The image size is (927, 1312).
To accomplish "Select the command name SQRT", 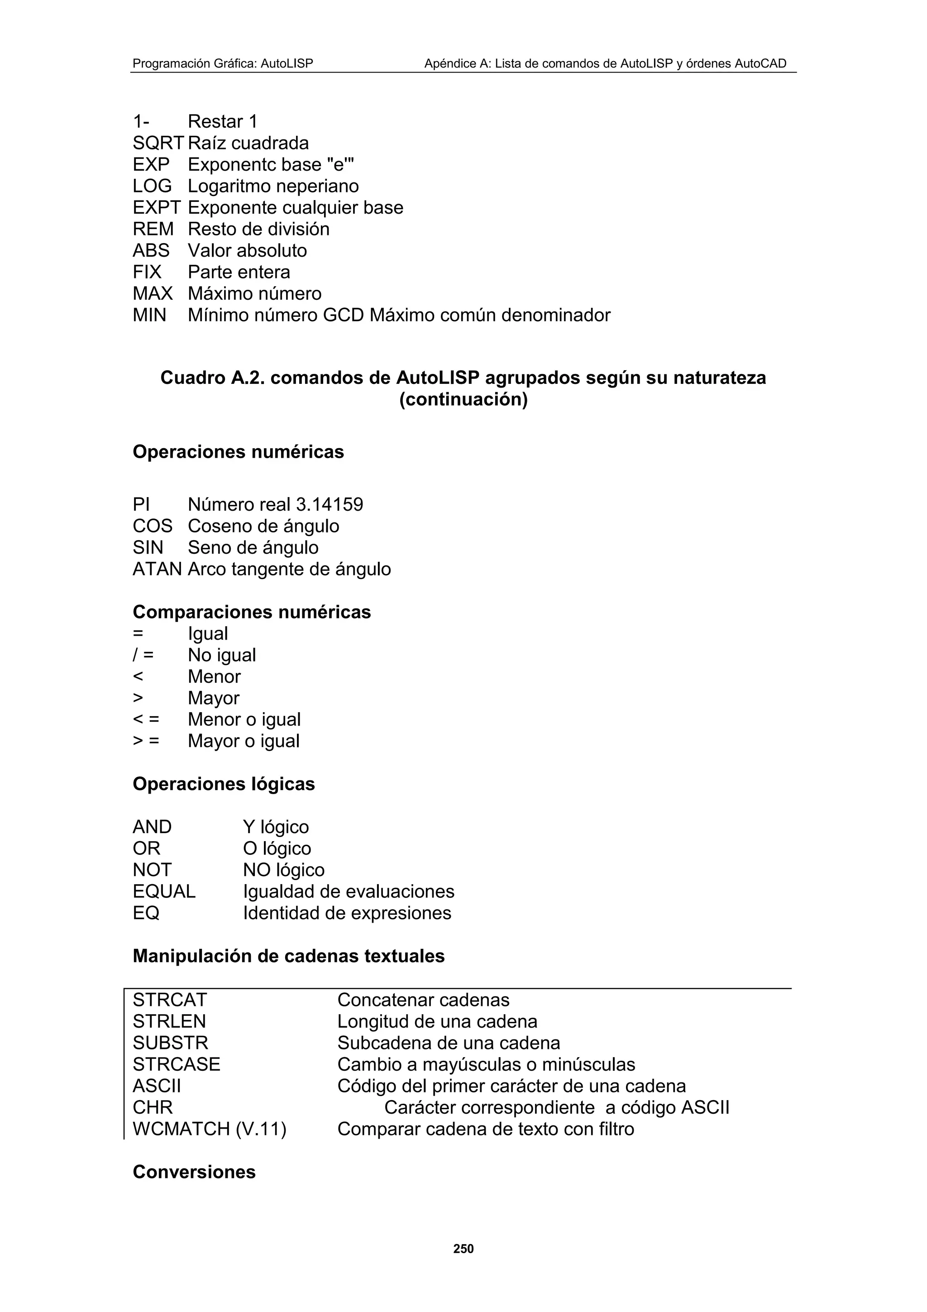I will [x=158, y=144].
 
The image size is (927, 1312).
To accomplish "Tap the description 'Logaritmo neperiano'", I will [x=273, y=186].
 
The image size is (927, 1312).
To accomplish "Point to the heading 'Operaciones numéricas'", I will [x=238, y=452].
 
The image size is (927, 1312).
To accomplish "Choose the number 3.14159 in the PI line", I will [x=329, y=505].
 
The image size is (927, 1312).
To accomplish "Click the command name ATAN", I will [x=157, y=569].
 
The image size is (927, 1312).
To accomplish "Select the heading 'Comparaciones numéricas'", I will [x=251, y=613].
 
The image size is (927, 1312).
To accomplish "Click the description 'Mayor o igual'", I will [x=244, y=741].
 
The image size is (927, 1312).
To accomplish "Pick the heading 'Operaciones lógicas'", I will [x=223, y=784].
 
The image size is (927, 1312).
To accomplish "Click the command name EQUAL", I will [x=164, y=891].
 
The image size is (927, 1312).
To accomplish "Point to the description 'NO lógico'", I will [x=283, y=870].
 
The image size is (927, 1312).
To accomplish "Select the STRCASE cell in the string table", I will [x=176, y=1064].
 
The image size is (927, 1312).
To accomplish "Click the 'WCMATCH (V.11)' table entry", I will [x=209, y=1129].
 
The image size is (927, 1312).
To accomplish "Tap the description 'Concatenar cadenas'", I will [x=423, y=1000].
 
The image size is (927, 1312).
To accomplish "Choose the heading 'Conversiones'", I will [x=194, y=1172].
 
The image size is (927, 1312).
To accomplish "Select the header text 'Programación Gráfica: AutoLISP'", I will [x=223, y=63].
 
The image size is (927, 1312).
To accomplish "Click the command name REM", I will [x=153, y=229].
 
